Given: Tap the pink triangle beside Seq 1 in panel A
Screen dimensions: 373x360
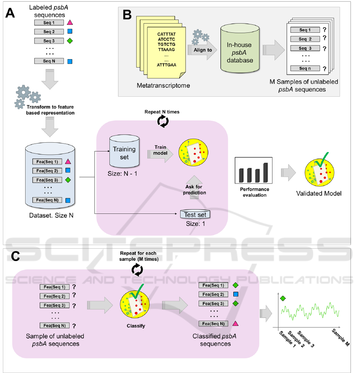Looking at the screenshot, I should tap(70, 23).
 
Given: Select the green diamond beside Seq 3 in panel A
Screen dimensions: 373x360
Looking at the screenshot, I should tap(70, 41).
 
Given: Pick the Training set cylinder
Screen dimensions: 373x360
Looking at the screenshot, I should tap(124, 154).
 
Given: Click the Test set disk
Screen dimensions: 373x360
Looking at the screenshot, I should tap(195, 214).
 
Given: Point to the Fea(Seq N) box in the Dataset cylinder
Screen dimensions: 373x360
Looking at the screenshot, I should tap(47, 200).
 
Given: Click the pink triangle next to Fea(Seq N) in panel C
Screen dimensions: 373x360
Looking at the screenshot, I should tap(236, 323).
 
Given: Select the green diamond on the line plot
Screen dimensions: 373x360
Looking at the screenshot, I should tap(284, 298).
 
